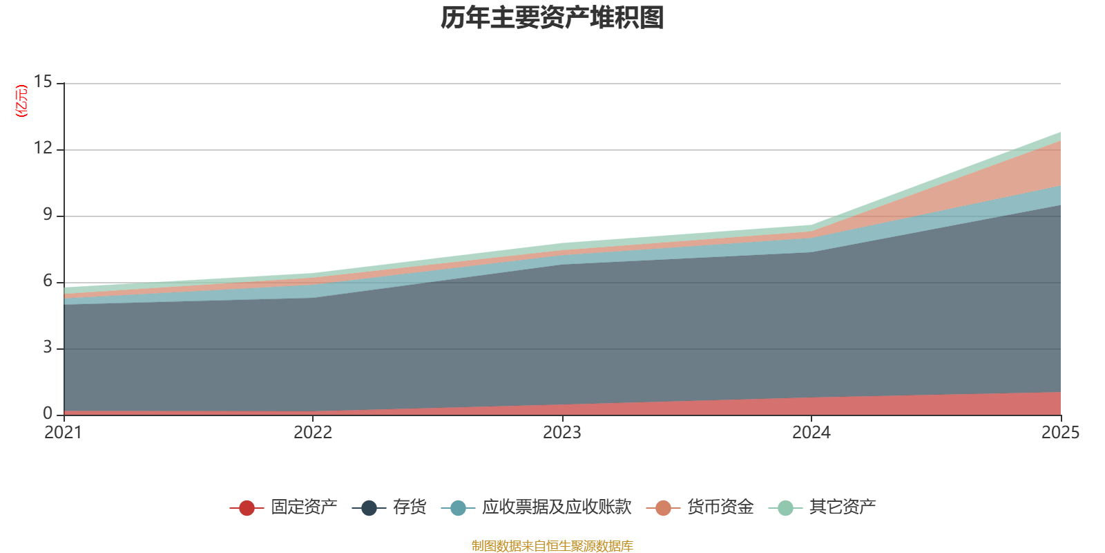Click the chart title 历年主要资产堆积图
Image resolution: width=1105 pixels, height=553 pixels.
[x=552, y=18]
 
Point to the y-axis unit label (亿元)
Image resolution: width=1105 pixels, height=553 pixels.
[x=22, y=101]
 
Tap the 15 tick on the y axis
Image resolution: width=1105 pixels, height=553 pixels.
[x=43, y=82]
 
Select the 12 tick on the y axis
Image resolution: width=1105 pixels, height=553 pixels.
[x=43, y=149]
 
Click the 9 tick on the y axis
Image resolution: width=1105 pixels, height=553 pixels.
[x=48, y=215]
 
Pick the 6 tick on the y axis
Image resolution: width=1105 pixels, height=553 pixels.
[x=48, y=281]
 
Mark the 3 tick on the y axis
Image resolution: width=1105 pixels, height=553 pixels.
[x=48, y=348]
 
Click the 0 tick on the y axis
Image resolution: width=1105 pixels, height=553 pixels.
[x=48, y=414]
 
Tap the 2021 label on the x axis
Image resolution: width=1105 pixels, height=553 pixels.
[x=63, y=433]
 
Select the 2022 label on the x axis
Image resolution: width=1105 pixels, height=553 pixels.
[x=313, y=433]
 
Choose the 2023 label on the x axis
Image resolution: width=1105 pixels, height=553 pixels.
[x=562, y=433]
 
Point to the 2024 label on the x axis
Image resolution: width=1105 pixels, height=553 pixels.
[x=811, y=433]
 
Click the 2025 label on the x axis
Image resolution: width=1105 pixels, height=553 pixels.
[x=1060, y=433]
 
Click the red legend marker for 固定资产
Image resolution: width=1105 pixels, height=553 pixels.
[x=247, y=508]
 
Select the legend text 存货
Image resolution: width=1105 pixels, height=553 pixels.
[x=410, y=507]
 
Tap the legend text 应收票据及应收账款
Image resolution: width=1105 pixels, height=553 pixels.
[x=557, y=507]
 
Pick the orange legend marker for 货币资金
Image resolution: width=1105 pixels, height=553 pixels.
[x=663, y=508]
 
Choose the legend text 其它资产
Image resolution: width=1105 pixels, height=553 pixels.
[x=843, y=507]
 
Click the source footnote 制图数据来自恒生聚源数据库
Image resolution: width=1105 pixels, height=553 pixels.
[x=552, y=546]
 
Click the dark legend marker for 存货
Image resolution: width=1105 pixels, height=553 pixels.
[x=369, y=508]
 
